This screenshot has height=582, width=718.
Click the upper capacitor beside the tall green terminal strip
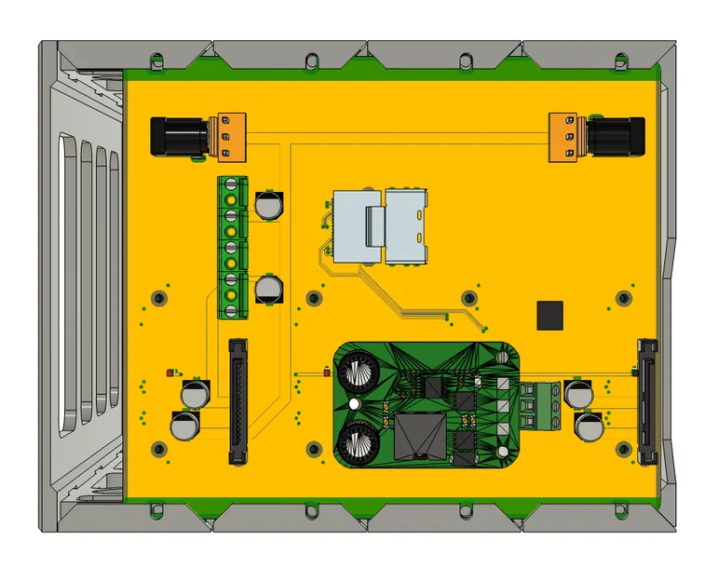[x=269, y=205]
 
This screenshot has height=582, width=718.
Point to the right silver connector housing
[x=406, y=225]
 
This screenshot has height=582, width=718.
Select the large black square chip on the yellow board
[x=549, y=316]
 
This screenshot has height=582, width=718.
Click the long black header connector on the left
[x=239, y=401]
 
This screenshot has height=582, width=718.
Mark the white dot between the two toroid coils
[x=355, y=405]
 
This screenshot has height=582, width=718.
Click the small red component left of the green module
[x=325, y=373]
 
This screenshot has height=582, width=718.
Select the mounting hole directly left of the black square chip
[x=470, y=298]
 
